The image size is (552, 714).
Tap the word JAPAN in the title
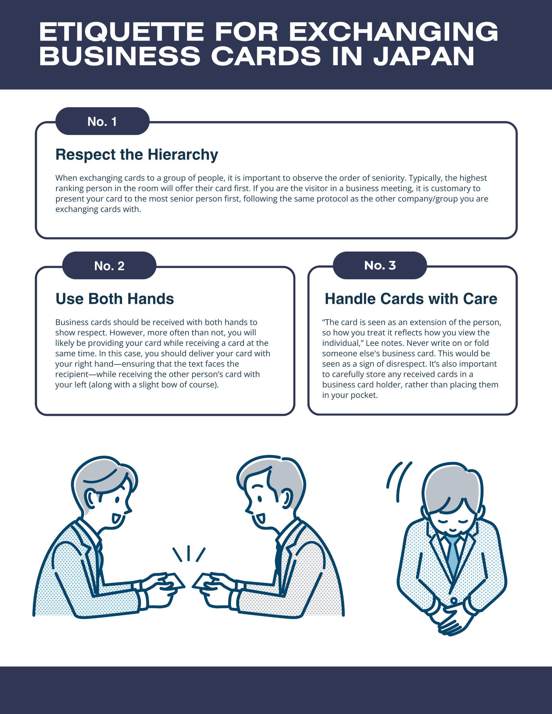coord(424,56)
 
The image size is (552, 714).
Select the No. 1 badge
coord(102,121)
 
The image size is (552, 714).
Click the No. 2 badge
coord(109,266)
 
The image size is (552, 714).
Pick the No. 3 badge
coord(380,265)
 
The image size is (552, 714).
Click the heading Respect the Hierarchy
coord(137,154)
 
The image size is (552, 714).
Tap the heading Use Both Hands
coord(115,299)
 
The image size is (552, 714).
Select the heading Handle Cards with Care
coord(411,299)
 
